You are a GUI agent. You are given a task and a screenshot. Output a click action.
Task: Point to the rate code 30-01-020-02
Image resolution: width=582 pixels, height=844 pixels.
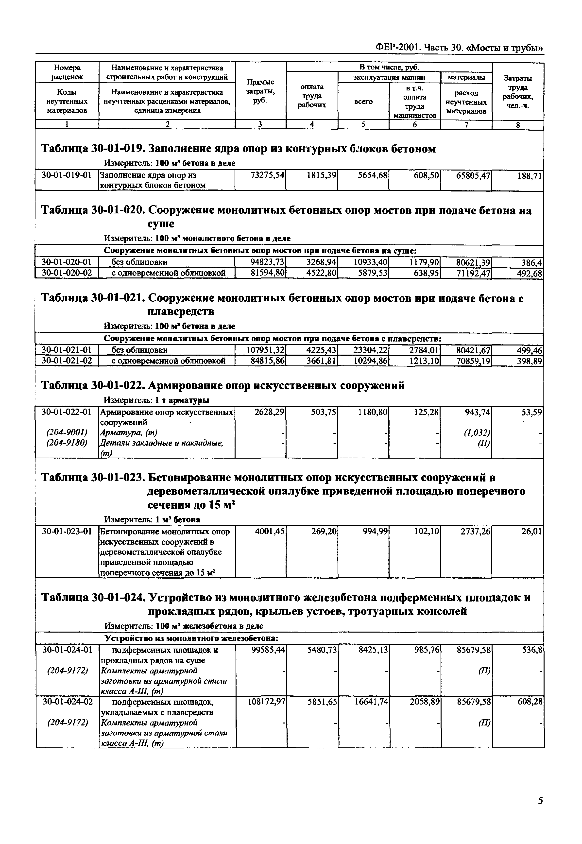[x=66, y=273]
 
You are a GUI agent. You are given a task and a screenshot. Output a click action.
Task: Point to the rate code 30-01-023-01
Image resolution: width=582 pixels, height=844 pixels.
[x=66, y=532]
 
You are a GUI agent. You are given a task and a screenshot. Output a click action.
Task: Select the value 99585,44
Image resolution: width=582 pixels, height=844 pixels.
[x=268, y=650]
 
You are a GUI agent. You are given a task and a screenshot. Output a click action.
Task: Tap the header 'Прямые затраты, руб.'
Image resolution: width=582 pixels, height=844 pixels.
[x=260, y=91]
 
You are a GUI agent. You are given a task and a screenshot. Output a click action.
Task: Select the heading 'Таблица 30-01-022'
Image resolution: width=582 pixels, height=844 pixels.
[x=93, y=385]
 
